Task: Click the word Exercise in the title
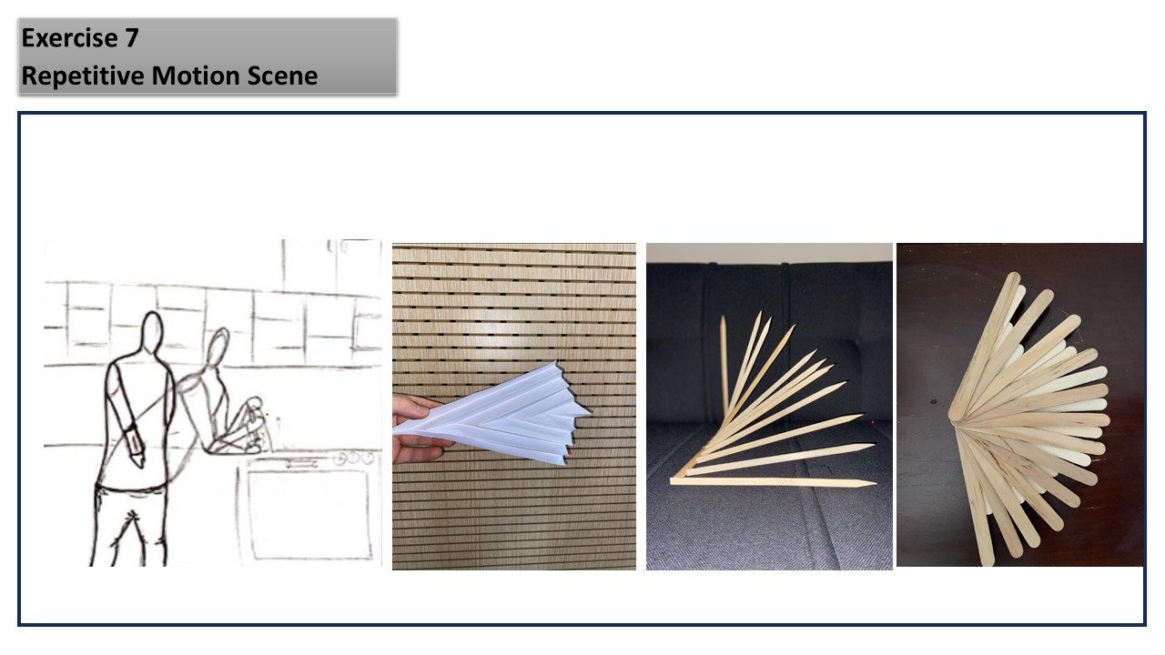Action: (x=70, y=38)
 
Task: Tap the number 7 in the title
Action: (x=132, y=38)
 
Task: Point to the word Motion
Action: (x=196, y=76)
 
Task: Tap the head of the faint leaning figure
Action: (x=218, y=347)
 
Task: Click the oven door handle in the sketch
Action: (x=301, y=462)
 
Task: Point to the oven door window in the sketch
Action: (x=309, y=514)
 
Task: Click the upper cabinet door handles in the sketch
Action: (x=337, y=246)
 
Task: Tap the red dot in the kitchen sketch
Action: (x=267, y=414)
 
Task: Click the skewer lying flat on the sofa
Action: (x=773, y=482)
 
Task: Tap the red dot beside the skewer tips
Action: (x=872, y=423)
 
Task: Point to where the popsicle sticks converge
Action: (x=956, y=418)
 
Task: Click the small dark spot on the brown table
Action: (x=934, y=401)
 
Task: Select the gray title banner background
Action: (x=208, y=56)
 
